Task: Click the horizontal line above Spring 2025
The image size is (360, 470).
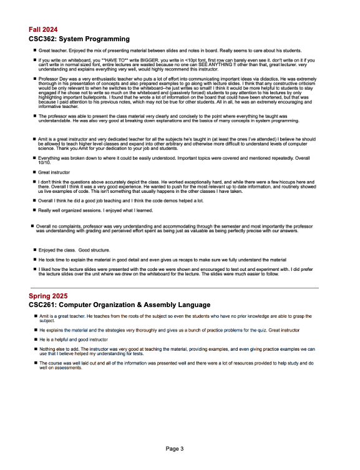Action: click(173, 288)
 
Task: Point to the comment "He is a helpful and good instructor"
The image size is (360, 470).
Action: click(73, 339)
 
